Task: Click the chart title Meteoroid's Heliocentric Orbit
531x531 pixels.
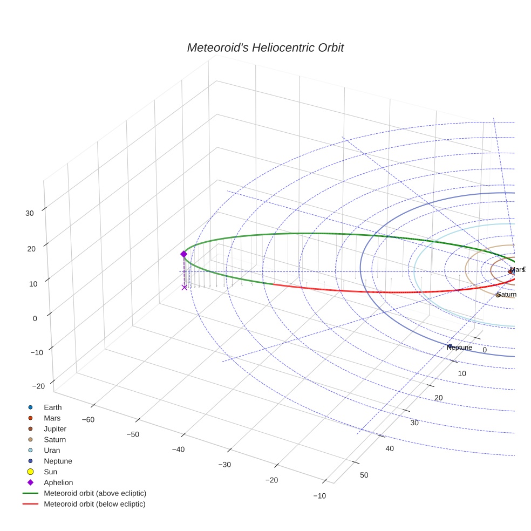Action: [x=265, y=47]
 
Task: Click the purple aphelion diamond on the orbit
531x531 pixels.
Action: [x=183, y=254]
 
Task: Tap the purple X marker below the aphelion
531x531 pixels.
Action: [x=184, y=288]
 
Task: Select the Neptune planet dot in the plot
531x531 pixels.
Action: [x=450, y=346]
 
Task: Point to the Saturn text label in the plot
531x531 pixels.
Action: [x=507, y=295]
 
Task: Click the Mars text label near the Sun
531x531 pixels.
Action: [x=517, y=269]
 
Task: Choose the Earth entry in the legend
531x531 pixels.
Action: [x=52, y=407]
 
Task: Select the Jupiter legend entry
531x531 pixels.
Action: [x=55, y=428]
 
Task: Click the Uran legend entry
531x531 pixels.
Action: [x=52, y=450]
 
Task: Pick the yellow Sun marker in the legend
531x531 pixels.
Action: [x=31, y=472]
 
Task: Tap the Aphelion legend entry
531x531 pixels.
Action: [x=58, y=482]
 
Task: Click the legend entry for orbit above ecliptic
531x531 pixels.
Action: [x=95, y=493]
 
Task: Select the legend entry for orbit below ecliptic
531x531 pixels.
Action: [x=94, y=504]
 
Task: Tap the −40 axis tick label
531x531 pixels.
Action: [x=179, y=449]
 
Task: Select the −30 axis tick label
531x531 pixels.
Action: [x=224, y=465]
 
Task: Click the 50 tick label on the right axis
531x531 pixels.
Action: [x=364, y=475]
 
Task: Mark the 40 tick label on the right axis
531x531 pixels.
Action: [x=389, y=449]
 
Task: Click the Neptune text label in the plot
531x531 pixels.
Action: [x=459, y=348]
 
